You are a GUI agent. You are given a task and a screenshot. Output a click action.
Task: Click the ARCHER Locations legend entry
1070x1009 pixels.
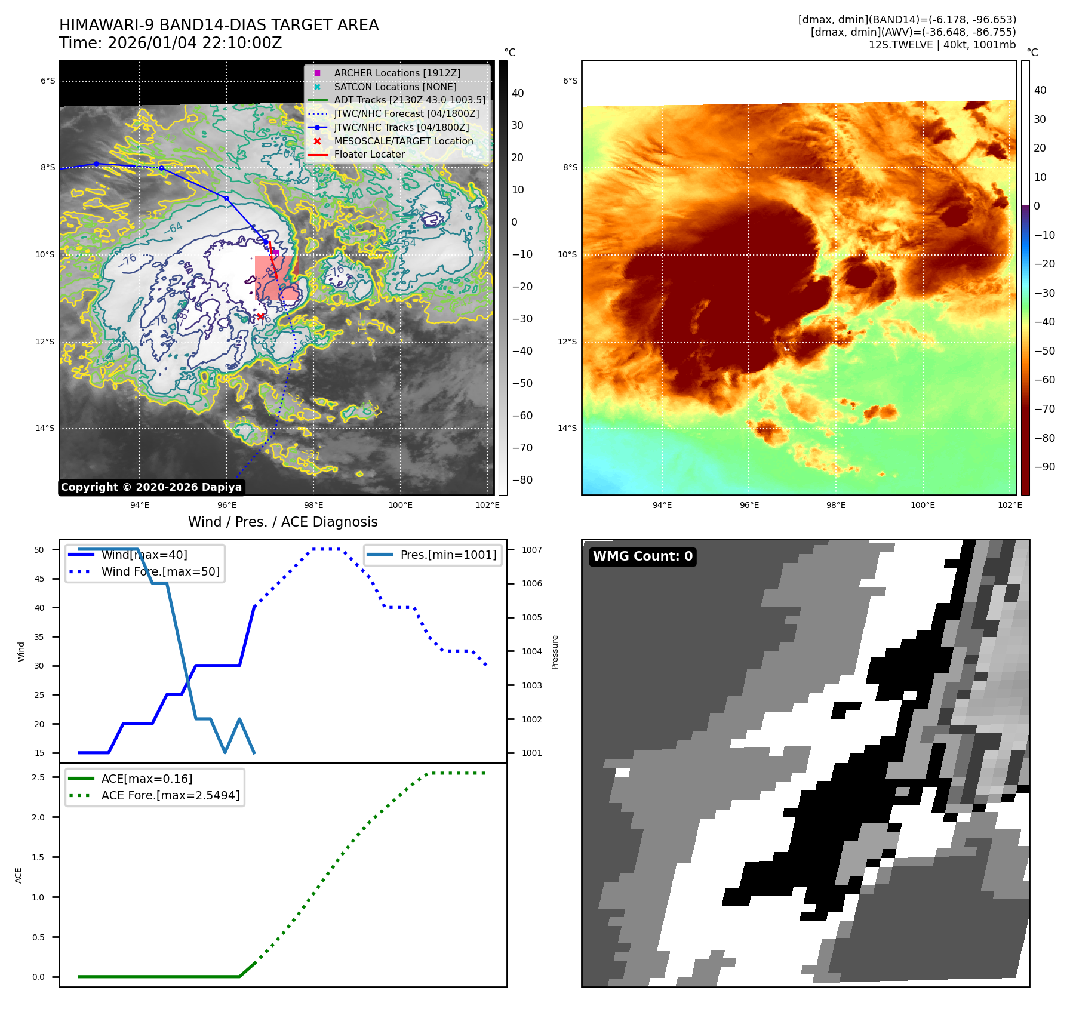(x=397, y=73)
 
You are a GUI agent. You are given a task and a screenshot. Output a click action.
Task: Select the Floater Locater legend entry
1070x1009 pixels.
(x=369, y=154)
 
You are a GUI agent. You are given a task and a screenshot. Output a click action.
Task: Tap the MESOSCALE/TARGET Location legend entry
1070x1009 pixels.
(x=403, y=141)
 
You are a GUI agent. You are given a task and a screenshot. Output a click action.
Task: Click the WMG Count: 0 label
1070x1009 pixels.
(x=642, y=556)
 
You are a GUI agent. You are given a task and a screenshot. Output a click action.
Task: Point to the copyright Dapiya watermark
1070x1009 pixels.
(x=151, y=487)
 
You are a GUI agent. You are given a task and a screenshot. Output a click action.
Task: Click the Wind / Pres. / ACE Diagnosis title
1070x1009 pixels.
(x=282, y=522)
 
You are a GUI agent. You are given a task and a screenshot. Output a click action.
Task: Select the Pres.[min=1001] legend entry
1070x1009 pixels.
(x=448, y=555)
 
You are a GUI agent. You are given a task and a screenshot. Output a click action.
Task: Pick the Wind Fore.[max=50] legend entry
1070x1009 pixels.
(x=160, y=571)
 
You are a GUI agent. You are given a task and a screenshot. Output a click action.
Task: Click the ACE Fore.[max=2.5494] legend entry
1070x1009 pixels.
(x=170, y=795)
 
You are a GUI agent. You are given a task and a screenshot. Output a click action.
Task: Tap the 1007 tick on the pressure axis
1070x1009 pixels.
(x=531, y=550)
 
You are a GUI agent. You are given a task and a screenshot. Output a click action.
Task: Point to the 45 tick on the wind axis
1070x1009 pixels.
(x=39, y=579)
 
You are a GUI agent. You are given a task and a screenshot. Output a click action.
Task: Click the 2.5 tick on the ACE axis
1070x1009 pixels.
(x=38, y=777)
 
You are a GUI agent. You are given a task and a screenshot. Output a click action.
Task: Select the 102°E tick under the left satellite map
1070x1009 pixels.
(x=487, y=505)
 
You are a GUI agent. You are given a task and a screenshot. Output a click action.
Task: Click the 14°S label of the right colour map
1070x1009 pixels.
(x=567, y=428)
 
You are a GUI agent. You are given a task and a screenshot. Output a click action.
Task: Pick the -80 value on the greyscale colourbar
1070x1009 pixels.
(x=522, y=480)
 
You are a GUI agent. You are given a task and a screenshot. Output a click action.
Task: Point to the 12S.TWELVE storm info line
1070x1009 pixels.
(x=942, y=45)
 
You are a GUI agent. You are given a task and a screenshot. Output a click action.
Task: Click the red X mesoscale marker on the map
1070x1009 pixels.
(x=260, y=316)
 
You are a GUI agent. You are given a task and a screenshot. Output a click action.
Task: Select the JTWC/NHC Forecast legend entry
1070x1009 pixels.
(x=406, y=113)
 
